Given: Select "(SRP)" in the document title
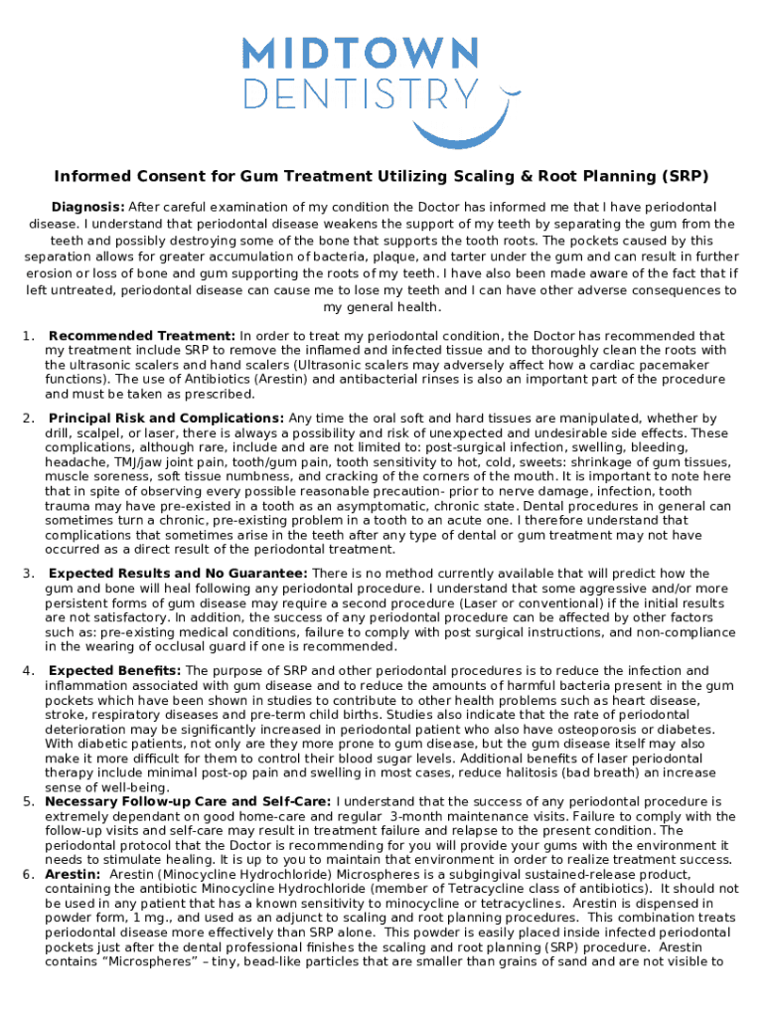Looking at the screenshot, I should [685, 177].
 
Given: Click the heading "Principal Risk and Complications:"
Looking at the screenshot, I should [166, 419].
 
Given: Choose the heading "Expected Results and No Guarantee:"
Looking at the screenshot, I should [178, 573].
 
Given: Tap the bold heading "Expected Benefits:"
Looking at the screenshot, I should [114, 670].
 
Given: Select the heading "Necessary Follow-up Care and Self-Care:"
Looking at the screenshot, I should [189, 800].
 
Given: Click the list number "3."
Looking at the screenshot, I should [31, 573].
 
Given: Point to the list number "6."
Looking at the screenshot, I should [31, 873].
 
